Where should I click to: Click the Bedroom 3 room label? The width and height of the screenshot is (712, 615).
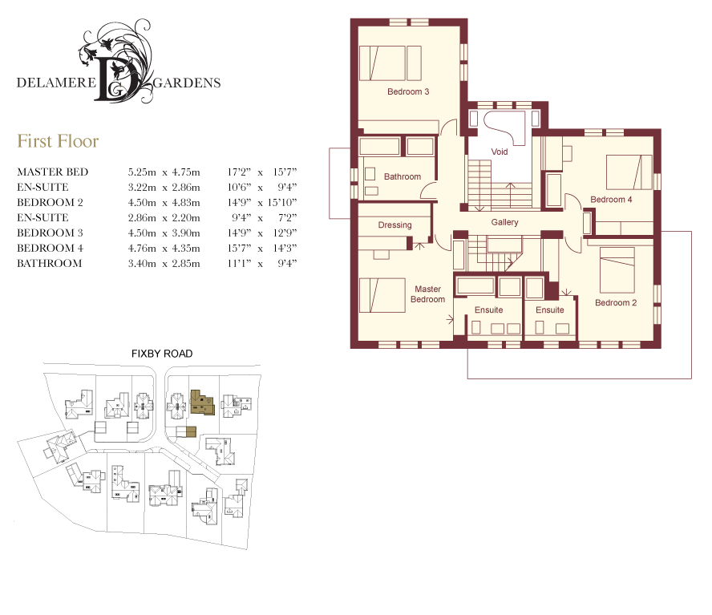[x=408, y=91]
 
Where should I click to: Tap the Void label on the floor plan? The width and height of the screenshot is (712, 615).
[x=499, y=152]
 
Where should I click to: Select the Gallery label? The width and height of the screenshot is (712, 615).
[x=504, y=222]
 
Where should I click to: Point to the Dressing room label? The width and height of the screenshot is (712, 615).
[x=394, y=225]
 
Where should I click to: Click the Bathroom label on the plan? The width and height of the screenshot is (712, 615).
[x=403, y=176]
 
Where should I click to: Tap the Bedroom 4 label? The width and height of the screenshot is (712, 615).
[x=611, y=200]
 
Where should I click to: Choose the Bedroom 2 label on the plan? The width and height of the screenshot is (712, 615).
[x=616, y=303]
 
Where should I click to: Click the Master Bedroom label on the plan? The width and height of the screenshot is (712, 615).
[x=427, y=294]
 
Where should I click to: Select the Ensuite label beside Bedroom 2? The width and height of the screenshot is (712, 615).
[x=549, y=310]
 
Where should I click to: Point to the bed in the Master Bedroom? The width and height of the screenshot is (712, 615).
[x=382, y=295]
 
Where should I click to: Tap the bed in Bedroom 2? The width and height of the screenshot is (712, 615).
[x=617, y=269]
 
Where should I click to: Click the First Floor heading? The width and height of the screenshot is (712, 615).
[x=58, y=141]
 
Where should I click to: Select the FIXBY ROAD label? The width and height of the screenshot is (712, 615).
[x=162, y=354]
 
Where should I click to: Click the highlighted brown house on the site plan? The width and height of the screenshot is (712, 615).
[x=202, y=402]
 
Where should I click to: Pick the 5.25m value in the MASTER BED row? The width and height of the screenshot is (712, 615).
[x=142, y=172]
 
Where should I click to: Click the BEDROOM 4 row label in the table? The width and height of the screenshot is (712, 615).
[x=50, y=249]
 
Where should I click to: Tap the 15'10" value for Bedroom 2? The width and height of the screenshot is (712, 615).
[x=281, y=203]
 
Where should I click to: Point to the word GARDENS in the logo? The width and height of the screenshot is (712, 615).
[x=187, y=83]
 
